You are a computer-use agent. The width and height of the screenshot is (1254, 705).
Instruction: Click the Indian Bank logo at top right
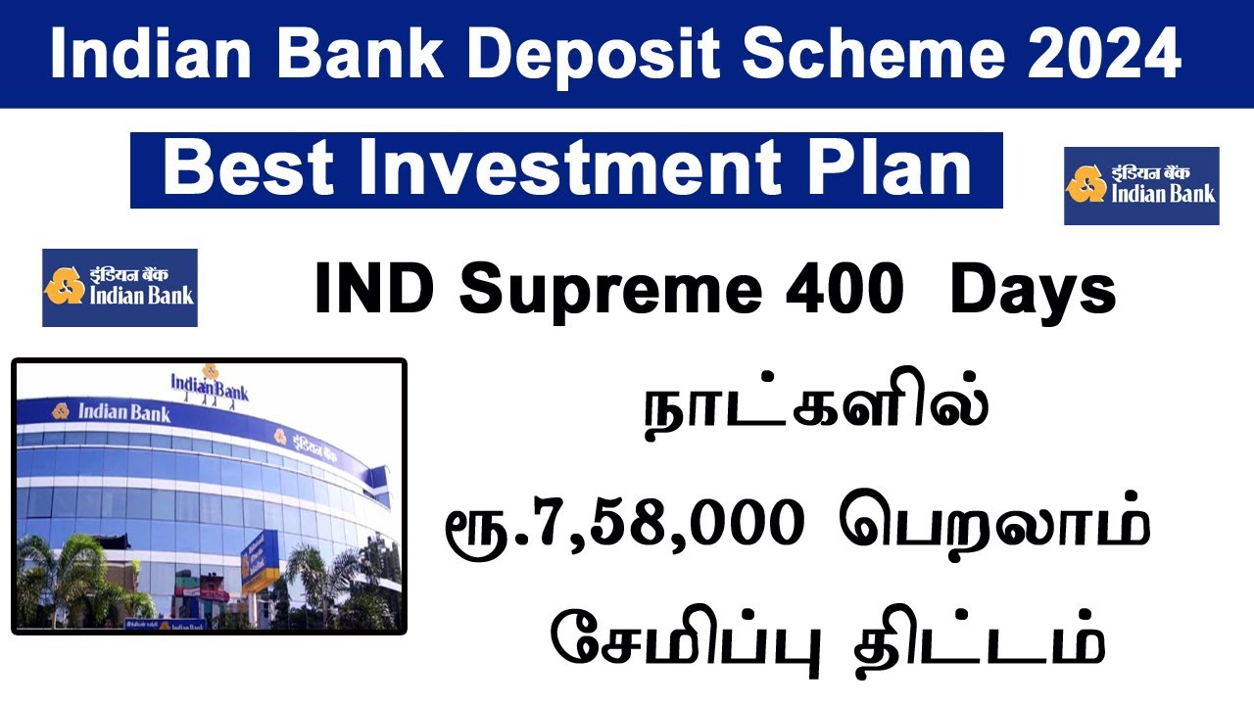point(1141,185)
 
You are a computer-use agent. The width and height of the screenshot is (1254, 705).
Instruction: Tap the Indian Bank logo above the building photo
point(120,287)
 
